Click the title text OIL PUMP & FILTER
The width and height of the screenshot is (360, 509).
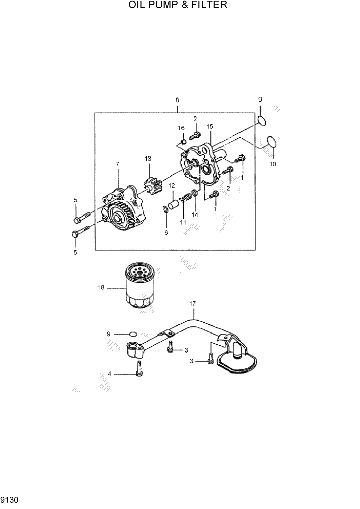click(x=178, y=6)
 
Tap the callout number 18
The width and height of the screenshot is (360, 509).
click(x=101, y=288)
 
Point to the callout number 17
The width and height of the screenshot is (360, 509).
click(x=193, y=304)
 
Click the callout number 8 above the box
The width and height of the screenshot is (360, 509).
click(x=177, y=100)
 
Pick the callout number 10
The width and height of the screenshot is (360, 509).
click(x=272, y=164)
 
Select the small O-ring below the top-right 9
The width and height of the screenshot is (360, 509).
click(x=262, y=121)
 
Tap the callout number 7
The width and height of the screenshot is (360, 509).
click(x=117, y=164)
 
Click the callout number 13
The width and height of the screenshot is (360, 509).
click(x=148, y=159)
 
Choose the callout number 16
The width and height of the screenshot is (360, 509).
click(x=181, y=128)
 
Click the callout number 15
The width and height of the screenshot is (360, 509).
click(x=209, y=126)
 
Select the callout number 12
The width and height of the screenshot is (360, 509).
click(x=172, y=185)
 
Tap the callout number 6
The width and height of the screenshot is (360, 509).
click(x=166, y=232)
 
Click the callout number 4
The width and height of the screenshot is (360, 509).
click(x=109, y=374)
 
